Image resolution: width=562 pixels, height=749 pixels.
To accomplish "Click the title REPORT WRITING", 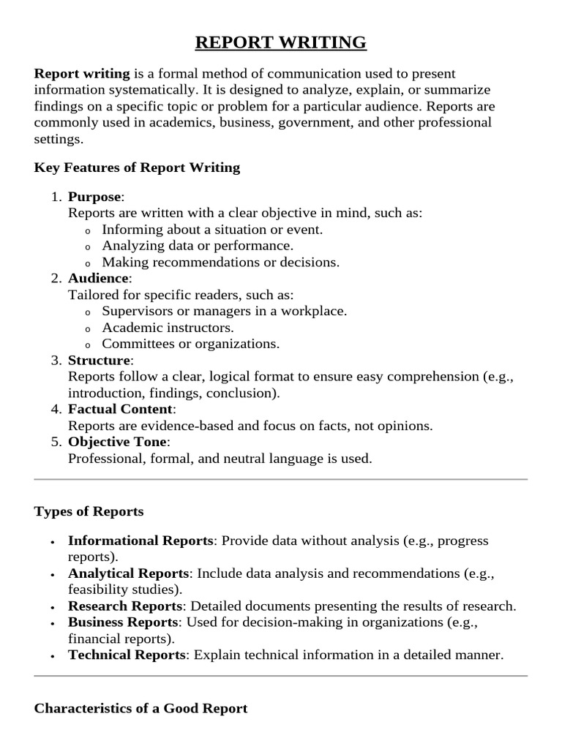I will (x=281, y=43).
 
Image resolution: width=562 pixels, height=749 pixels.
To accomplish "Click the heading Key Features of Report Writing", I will (x=137, y=168).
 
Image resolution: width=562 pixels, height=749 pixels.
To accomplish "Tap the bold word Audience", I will (x=98, y=279).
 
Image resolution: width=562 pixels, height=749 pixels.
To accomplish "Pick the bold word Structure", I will (x=100, y=361).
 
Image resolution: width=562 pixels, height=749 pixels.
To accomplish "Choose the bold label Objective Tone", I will (x=118, y=443).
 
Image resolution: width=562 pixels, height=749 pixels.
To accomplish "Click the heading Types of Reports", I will (x=89, y=511).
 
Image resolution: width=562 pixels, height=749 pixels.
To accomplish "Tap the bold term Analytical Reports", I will (x=129, y=573).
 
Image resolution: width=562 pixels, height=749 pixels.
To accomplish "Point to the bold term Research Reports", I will (x=124, y=606).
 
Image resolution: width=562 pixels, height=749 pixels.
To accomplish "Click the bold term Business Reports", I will (x=123, y=622).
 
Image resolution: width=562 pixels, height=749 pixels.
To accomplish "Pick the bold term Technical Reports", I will (x=127, y=655).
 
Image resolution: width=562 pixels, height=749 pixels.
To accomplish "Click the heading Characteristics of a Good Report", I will (x=140, y=708).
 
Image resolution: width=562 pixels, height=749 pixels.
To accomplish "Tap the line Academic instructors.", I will (x=168, y=328).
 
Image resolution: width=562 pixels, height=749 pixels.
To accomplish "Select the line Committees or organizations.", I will (x=190, y=344).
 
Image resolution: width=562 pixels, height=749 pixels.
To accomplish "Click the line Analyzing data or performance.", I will (x=197, y=246).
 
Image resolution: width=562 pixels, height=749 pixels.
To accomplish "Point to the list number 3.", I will (x=56, y=361).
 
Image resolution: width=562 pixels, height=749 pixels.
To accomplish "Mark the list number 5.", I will (x=56, y=443).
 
